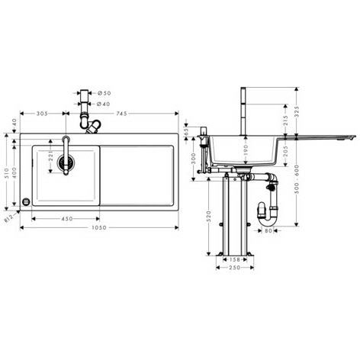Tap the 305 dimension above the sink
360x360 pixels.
click(43, 114)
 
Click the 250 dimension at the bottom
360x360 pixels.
click(234, 275)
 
